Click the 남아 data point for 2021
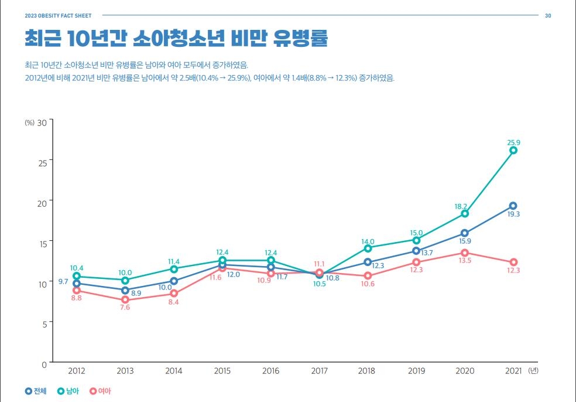(x=513, y=151)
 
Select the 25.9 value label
(x=513, y=142)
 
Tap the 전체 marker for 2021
(x=513, y=206)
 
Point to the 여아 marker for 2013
(x=125, y=299)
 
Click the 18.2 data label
(x=461, y=206)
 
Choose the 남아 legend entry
(x=68, y=391)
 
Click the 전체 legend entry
(x=36, y=391)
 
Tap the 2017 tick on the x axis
(x=319, y=371)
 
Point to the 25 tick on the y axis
(x=42, y=162)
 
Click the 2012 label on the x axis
(x=77, y=371)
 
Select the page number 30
(x=548, y=15)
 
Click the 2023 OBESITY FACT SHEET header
(x=58, y=15)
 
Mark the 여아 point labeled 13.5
(x=465, y=253)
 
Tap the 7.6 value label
(x=125, y=308)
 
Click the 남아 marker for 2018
(x=368, y=248)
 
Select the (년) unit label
(x=532, y=371)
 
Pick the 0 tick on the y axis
(x=44, y=364)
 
